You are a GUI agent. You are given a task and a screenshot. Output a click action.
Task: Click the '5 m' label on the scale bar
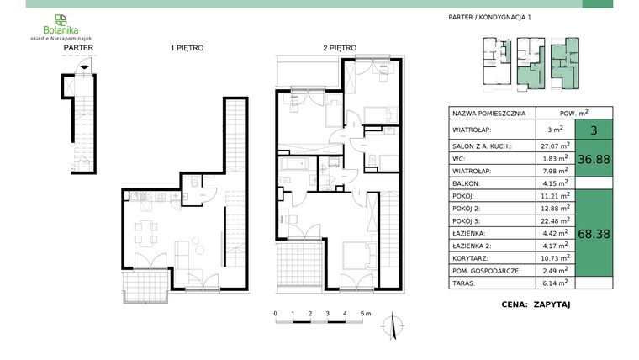(x=365, y=312)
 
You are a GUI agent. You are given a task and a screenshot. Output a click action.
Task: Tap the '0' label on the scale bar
(x=275, y=312)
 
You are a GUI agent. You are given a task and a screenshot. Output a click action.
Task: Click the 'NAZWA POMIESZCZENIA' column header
(x=488, y=113)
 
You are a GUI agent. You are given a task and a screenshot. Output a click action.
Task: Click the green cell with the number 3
(x=594, y=130)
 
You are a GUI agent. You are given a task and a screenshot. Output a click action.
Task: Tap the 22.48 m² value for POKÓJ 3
(x=554, y=220)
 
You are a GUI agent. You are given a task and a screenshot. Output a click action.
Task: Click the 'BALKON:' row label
(x=467, y=183)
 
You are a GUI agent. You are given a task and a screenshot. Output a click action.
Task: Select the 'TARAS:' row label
(x=465, y=283)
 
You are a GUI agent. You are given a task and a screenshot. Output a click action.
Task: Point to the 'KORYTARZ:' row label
(x=472, y=258)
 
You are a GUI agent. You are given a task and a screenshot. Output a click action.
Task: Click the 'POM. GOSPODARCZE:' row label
(x=487, y=271)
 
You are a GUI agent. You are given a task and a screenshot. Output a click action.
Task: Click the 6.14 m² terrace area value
(x=554, y=283)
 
